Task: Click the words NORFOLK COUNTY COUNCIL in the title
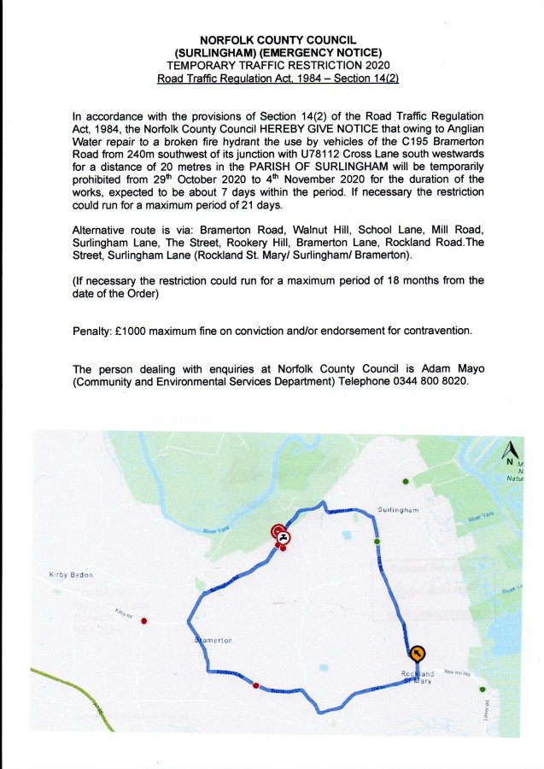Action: tap(271, 40)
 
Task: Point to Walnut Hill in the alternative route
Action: tap(322, 230)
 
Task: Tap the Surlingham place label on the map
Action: tap(397, 510)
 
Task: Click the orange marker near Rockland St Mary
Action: tap(417, 655)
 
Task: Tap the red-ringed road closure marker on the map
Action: tap(281, 536)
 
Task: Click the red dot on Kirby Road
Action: tap(144, 620)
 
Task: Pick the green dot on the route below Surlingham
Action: tap(377, 542)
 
